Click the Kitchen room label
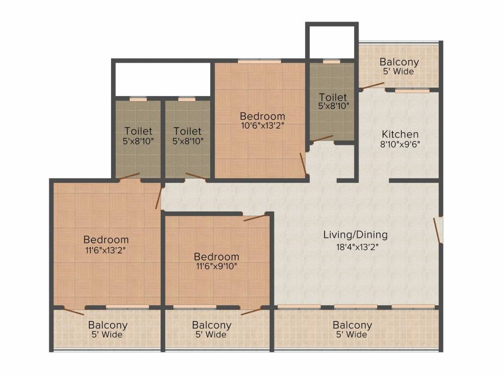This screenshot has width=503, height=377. (x=400, y=134)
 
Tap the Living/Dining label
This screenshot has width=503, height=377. (x=356, y=235)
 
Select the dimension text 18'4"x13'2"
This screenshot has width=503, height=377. (x=353, y=247)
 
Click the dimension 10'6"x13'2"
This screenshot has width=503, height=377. (x=262, y=126)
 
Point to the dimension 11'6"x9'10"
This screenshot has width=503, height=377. (x=217, y=266)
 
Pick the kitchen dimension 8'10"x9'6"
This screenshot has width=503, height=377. (x=400, y=144)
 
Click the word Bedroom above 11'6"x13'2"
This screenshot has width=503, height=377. (x=106, y=240)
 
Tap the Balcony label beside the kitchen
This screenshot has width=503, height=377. (x=399, y=62)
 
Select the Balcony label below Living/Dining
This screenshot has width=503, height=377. (x=352, y=325)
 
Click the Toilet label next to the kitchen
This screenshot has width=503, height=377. (x=333, y=97)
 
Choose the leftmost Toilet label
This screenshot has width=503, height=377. (x=138, y=131)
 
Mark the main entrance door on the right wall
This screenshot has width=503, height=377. (x=437, y=231)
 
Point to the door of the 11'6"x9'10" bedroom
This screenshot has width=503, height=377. (x=255, y=218)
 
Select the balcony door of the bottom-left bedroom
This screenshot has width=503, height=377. (x=74, y=311)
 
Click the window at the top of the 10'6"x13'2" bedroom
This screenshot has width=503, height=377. (x=259, y=61)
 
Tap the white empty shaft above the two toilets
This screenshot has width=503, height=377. (x=163, y=79)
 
